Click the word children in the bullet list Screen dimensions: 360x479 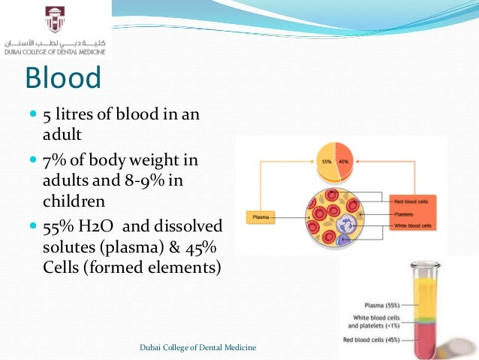(x=74, y=201)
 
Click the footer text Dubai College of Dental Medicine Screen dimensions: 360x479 (x=198, y=346)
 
